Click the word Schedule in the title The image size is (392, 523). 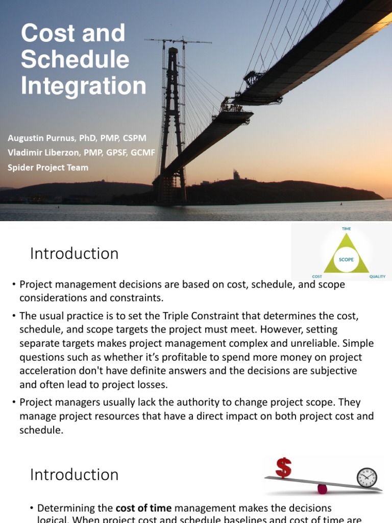pos(75,60)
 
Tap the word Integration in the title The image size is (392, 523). pos(83,86)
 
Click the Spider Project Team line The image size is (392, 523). pos(48,167)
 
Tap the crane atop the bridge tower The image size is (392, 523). pos(177,41)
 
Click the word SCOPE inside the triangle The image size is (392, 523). pos(346,259)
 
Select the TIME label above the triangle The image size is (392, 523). pos(346,229)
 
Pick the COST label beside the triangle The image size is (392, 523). pos(317,277)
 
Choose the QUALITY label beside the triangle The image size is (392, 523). pos(377,277)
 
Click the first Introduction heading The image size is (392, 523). pos(74,253)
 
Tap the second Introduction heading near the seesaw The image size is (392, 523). pos(74,474)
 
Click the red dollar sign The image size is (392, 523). pos(283,467)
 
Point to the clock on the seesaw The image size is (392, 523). pos(367,477)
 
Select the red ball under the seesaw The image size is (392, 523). pos(322,489)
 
